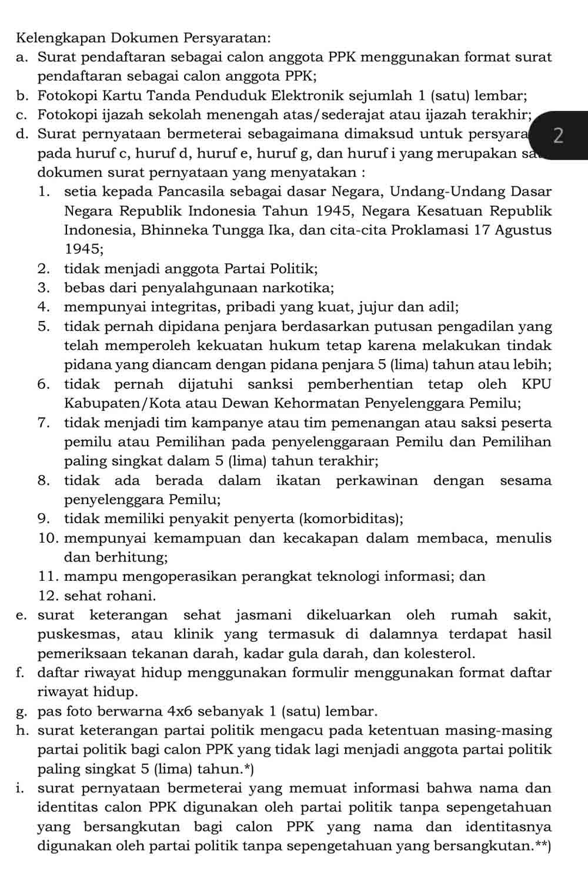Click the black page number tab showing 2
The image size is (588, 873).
pos(559,135)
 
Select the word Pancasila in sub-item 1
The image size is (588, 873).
pos(194,192)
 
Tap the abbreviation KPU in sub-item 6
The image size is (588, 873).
pos(536,384)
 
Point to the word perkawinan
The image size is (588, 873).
pos(377,481)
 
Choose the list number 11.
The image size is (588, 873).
pos(48,577)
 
